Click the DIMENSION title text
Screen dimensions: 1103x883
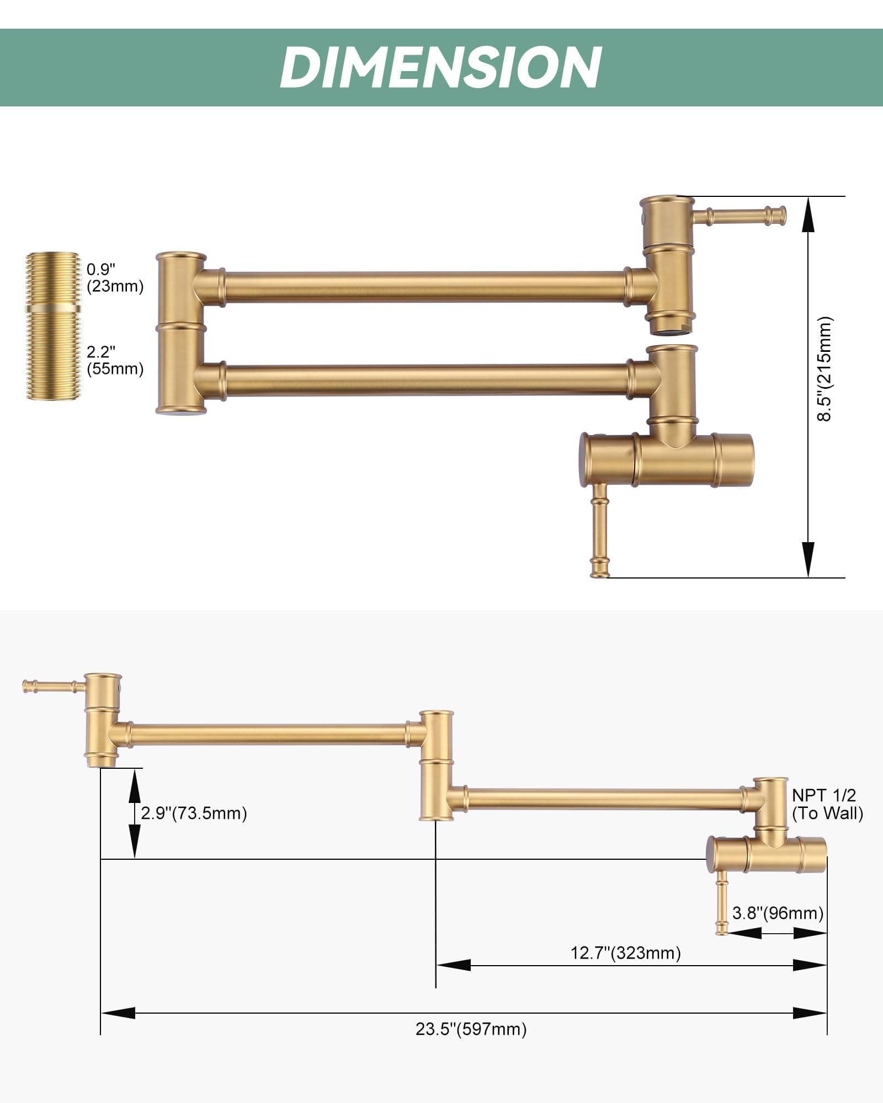pyautogui.click(x=441, y=67)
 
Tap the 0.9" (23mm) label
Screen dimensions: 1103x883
pyautogui.click(x=115, y=278)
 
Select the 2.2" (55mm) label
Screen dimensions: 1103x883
pyautogui.click(x=115, y=360)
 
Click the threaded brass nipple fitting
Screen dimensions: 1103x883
pyautogui.click(x=54, y=326)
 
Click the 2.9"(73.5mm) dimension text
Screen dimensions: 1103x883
pyautogui.click(x=194, y=813)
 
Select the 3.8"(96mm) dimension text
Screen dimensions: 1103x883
pyautogui.click(x=778, y=913)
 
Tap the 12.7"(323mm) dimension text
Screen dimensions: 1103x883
pyautogui.click(x=625, y=952)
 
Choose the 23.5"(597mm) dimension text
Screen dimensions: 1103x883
pyautogui.click(x=471, y=1029)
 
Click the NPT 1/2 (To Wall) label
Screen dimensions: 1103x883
pyautogui.click(x=827, y=804)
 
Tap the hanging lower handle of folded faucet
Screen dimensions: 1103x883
pyautogui.click(x=599, y=529)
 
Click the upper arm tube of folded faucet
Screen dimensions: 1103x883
pyautogui.click(x=425, y=287)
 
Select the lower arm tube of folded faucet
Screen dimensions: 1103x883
pyautogui.click(x=425, y=380)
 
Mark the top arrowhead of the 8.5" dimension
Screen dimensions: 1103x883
pyautogui.click(x=808, y=212)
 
